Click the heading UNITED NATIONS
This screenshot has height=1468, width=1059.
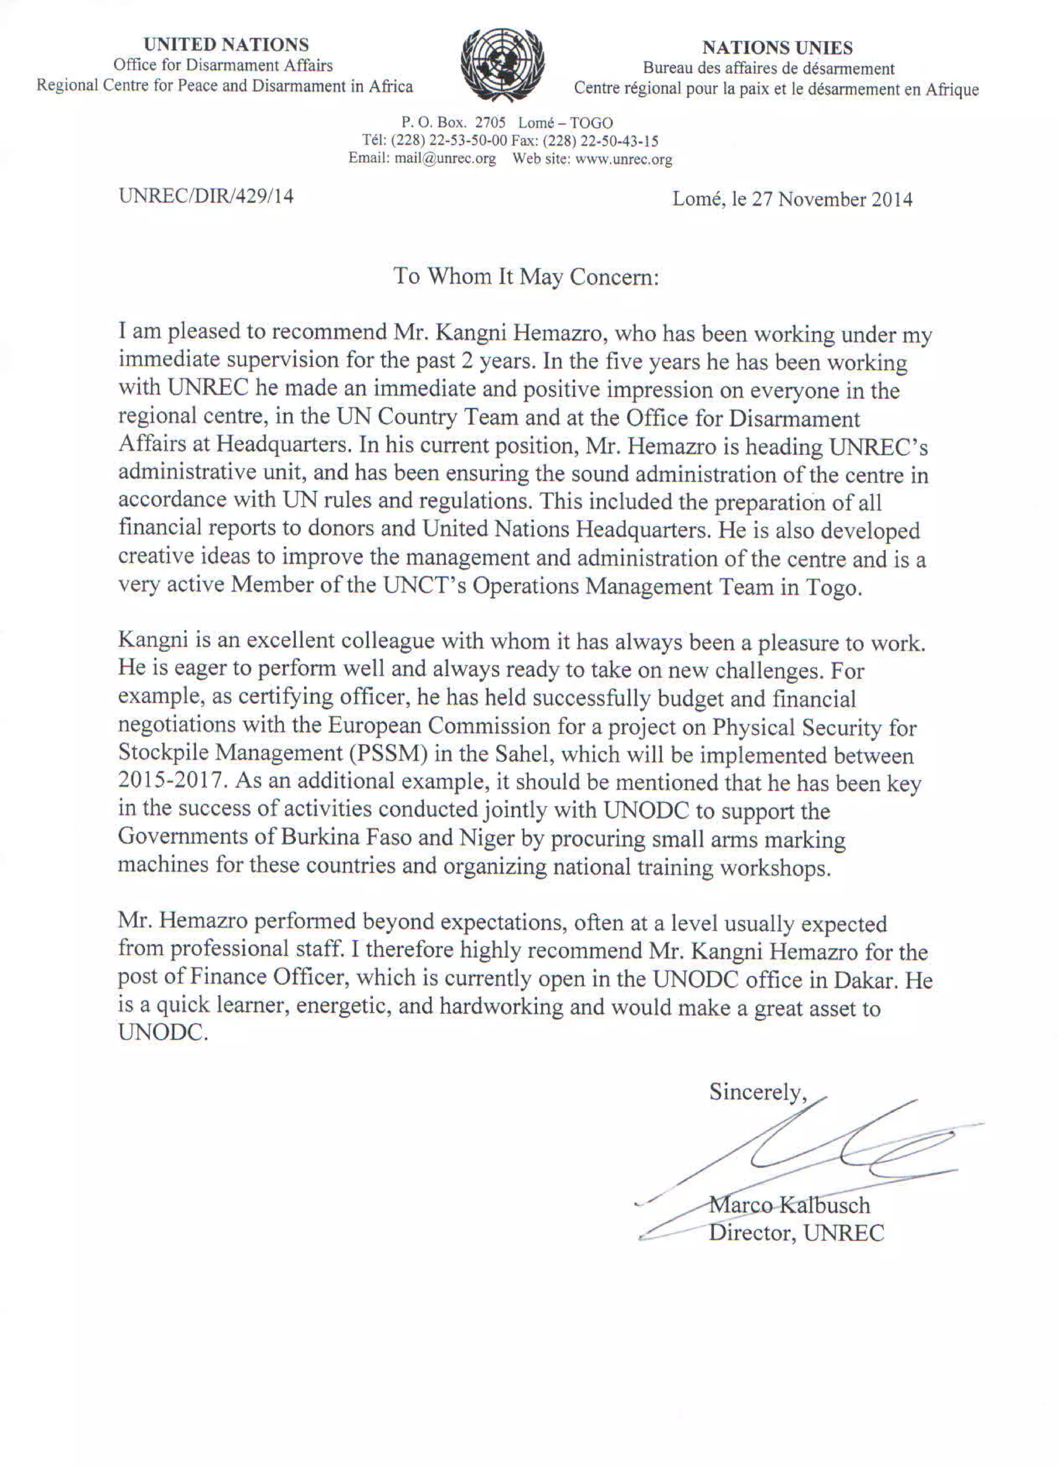click(226, 44)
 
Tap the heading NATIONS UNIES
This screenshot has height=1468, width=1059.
click(777, 48)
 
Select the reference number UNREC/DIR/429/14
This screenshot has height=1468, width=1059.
click(206, 196)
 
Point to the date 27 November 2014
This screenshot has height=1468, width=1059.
click(832, 200)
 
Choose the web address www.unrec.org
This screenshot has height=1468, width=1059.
click(624, 159)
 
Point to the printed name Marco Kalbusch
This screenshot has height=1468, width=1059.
click(789, 1205)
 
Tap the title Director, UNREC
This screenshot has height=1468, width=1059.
click(796, 1232)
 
